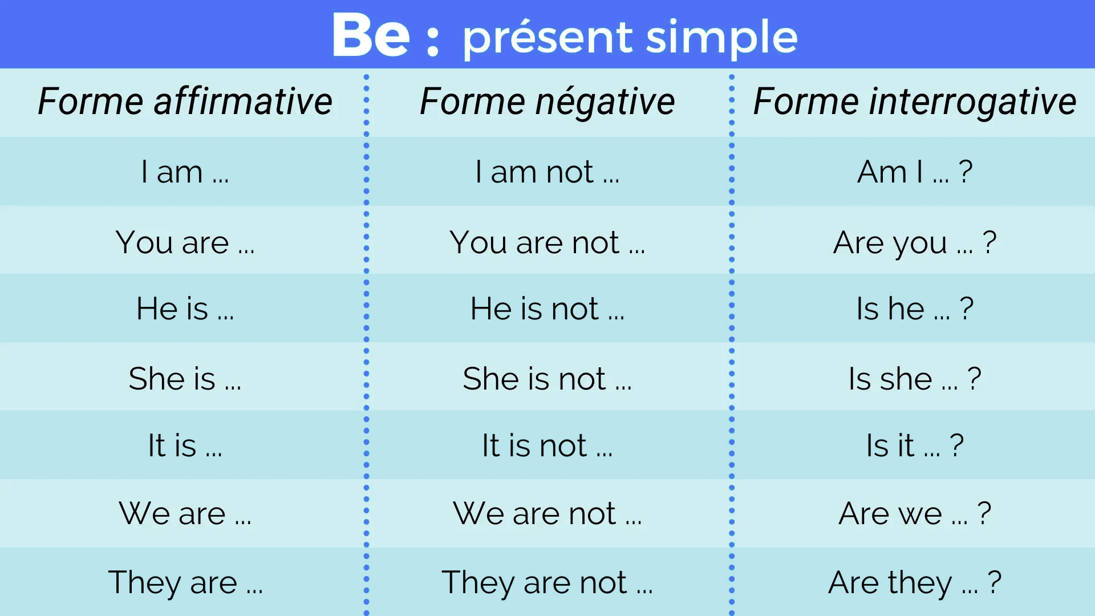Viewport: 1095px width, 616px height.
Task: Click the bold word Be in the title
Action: pos(371,35)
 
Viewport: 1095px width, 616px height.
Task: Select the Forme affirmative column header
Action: pos(185,102)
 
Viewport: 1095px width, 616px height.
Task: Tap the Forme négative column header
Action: pos(547,102)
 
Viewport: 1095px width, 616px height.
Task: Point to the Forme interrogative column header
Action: pos(915,102)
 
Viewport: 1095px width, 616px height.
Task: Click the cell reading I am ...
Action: pos(185,172)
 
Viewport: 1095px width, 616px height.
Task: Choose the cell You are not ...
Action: pos(547,242)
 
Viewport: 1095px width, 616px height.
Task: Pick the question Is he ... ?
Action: pos(915,309)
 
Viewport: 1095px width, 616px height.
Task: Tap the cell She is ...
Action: pos(185,379)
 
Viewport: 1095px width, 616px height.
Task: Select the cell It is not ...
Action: pos(547,445)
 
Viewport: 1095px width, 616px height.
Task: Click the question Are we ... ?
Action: pos(915,513)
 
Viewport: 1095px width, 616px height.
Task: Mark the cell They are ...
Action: pos(185,582)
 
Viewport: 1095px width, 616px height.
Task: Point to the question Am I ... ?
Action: pos(915,172)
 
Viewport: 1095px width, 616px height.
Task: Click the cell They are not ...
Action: pos(547,582)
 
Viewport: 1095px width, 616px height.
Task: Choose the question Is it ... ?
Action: pos(915,445)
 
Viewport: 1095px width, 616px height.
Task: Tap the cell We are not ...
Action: pos(547,513)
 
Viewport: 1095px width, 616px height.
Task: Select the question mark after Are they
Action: pos(995,582)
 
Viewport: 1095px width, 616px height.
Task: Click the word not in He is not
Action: pos(575,309)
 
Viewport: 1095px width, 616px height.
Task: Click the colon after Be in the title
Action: pos(433,40)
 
